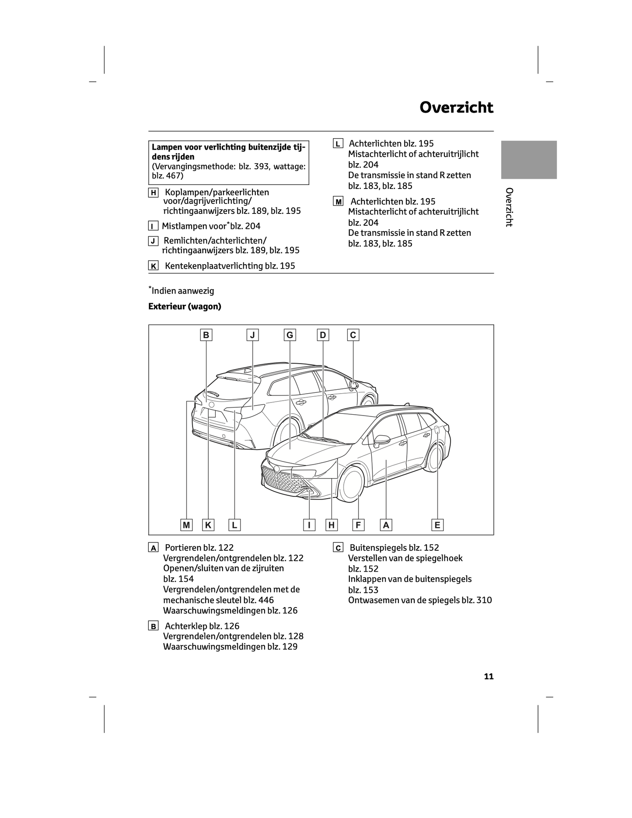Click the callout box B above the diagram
(x=206, y=335)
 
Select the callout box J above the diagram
(x=252, y=335)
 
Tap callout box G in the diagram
(x=290, y=335)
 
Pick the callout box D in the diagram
(x=323, y=335)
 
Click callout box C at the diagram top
(x=353, y=335)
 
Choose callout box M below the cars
(x=186, y=525)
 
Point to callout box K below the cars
(x=208, y=525)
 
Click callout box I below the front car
(x=309, y=525)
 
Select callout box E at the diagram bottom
(x=437, y=525)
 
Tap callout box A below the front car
(x=386, y=525)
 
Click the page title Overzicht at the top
(x=457, y=108)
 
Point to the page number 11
(x=489, y=676)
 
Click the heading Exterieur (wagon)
(x=185, y=307)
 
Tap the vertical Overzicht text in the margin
(x=509, y=207)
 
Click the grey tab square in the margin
(x=529, y=160)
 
